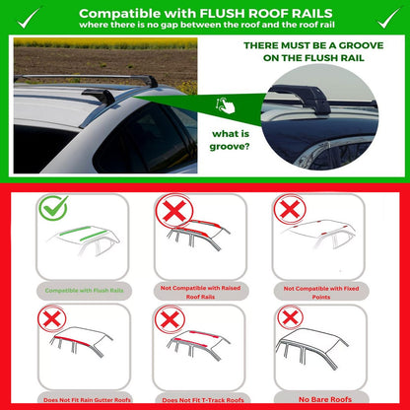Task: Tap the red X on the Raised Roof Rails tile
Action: pyautogui.click(x=172, y=211)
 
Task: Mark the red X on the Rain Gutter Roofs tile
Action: pyautogui.click(x=52, y=317)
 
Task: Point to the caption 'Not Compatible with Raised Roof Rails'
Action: pyautogui.click(x=201, y=291)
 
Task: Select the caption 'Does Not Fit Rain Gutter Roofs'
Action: pyautogui.click(x=87, y=400)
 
